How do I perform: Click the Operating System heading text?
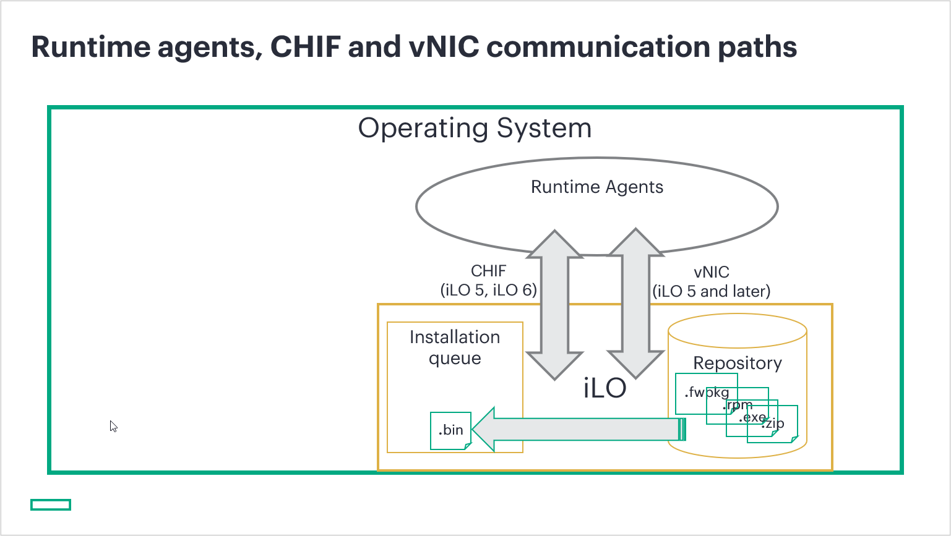coord(475,129)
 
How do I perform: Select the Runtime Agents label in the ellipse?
coord(597,187)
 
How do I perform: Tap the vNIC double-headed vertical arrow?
coord(635,304)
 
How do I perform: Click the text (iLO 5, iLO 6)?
coord(489,290)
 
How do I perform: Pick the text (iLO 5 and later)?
coord(712,291)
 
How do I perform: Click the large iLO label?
coord(605,388)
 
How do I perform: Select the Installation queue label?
coord(455,347)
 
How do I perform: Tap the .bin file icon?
coord(451,430)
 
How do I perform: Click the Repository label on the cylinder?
coord(738,363)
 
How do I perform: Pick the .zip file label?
coord(773,423)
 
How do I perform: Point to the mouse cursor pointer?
coord(113,425)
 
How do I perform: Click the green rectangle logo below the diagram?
coord(51,504)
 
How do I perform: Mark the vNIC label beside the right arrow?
coord(712,272)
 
